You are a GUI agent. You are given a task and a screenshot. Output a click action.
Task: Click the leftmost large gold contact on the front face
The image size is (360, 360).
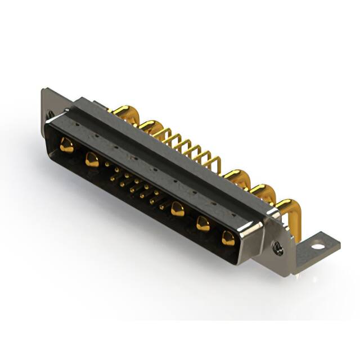(x=67, y=146)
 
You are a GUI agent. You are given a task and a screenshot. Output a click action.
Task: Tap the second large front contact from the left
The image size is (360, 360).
(x=92, y=160)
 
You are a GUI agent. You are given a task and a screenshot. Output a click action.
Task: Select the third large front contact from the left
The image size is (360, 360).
(x=178, y=209)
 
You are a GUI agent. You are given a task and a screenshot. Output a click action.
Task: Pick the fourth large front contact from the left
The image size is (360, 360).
(x=203, y=224)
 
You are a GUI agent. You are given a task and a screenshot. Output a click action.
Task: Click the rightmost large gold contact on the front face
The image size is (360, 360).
(x=228, y=238)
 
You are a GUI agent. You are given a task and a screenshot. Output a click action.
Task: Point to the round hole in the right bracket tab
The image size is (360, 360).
(x=318, y=246)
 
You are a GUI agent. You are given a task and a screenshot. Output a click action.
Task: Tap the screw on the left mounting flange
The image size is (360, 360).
(x=51, y=115)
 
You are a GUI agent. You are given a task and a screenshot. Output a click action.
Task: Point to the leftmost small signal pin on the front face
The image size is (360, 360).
(x=107, y=164)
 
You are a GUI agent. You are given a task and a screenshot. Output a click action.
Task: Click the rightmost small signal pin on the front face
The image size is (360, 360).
(x=161, y=208)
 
